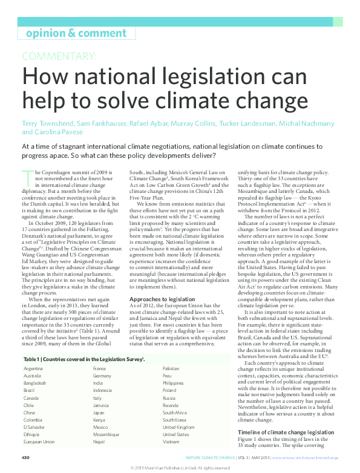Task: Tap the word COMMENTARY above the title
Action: [59, 57]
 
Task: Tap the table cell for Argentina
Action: [33, 368]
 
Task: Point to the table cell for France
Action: [99, 368]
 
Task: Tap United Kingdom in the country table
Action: [178, 427]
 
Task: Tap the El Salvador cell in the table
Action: [35, 427]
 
